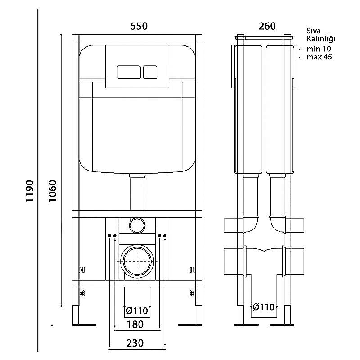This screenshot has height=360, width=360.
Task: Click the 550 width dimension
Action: pos(139,26)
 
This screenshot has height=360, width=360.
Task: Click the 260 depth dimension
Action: pos(267,26)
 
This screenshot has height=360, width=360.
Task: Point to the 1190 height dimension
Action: pos(30,191)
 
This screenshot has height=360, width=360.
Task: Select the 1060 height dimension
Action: pos(53,191)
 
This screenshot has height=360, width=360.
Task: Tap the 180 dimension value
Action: pos(135,324)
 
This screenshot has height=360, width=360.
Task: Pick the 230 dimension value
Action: pos(135,343)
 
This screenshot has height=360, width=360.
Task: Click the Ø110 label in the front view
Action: pos(137,310)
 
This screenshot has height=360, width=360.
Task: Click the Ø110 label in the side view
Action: pos(264,307)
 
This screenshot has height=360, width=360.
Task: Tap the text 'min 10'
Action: pos(319,49)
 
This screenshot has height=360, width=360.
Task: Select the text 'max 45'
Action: pos(319,57)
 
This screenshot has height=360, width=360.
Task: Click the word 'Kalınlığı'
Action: pos(321,39)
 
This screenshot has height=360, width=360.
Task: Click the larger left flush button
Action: pos(129,72)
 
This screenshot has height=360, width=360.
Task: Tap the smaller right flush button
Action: pos(150,72)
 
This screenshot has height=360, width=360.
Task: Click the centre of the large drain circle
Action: pos(137,261)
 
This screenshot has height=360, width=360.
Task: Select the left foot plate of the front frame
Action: pos(84,324)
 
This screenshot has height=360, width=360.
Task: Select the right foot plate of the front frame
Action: pos(190,324)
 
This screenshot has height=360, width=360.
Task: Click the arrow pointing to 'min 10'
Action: pos(301,49)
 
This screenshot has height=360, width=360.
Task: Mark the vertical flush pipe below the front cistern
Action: pos(137,193)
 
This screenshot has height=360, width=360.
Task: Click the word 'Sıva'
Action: pos(314,31)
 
